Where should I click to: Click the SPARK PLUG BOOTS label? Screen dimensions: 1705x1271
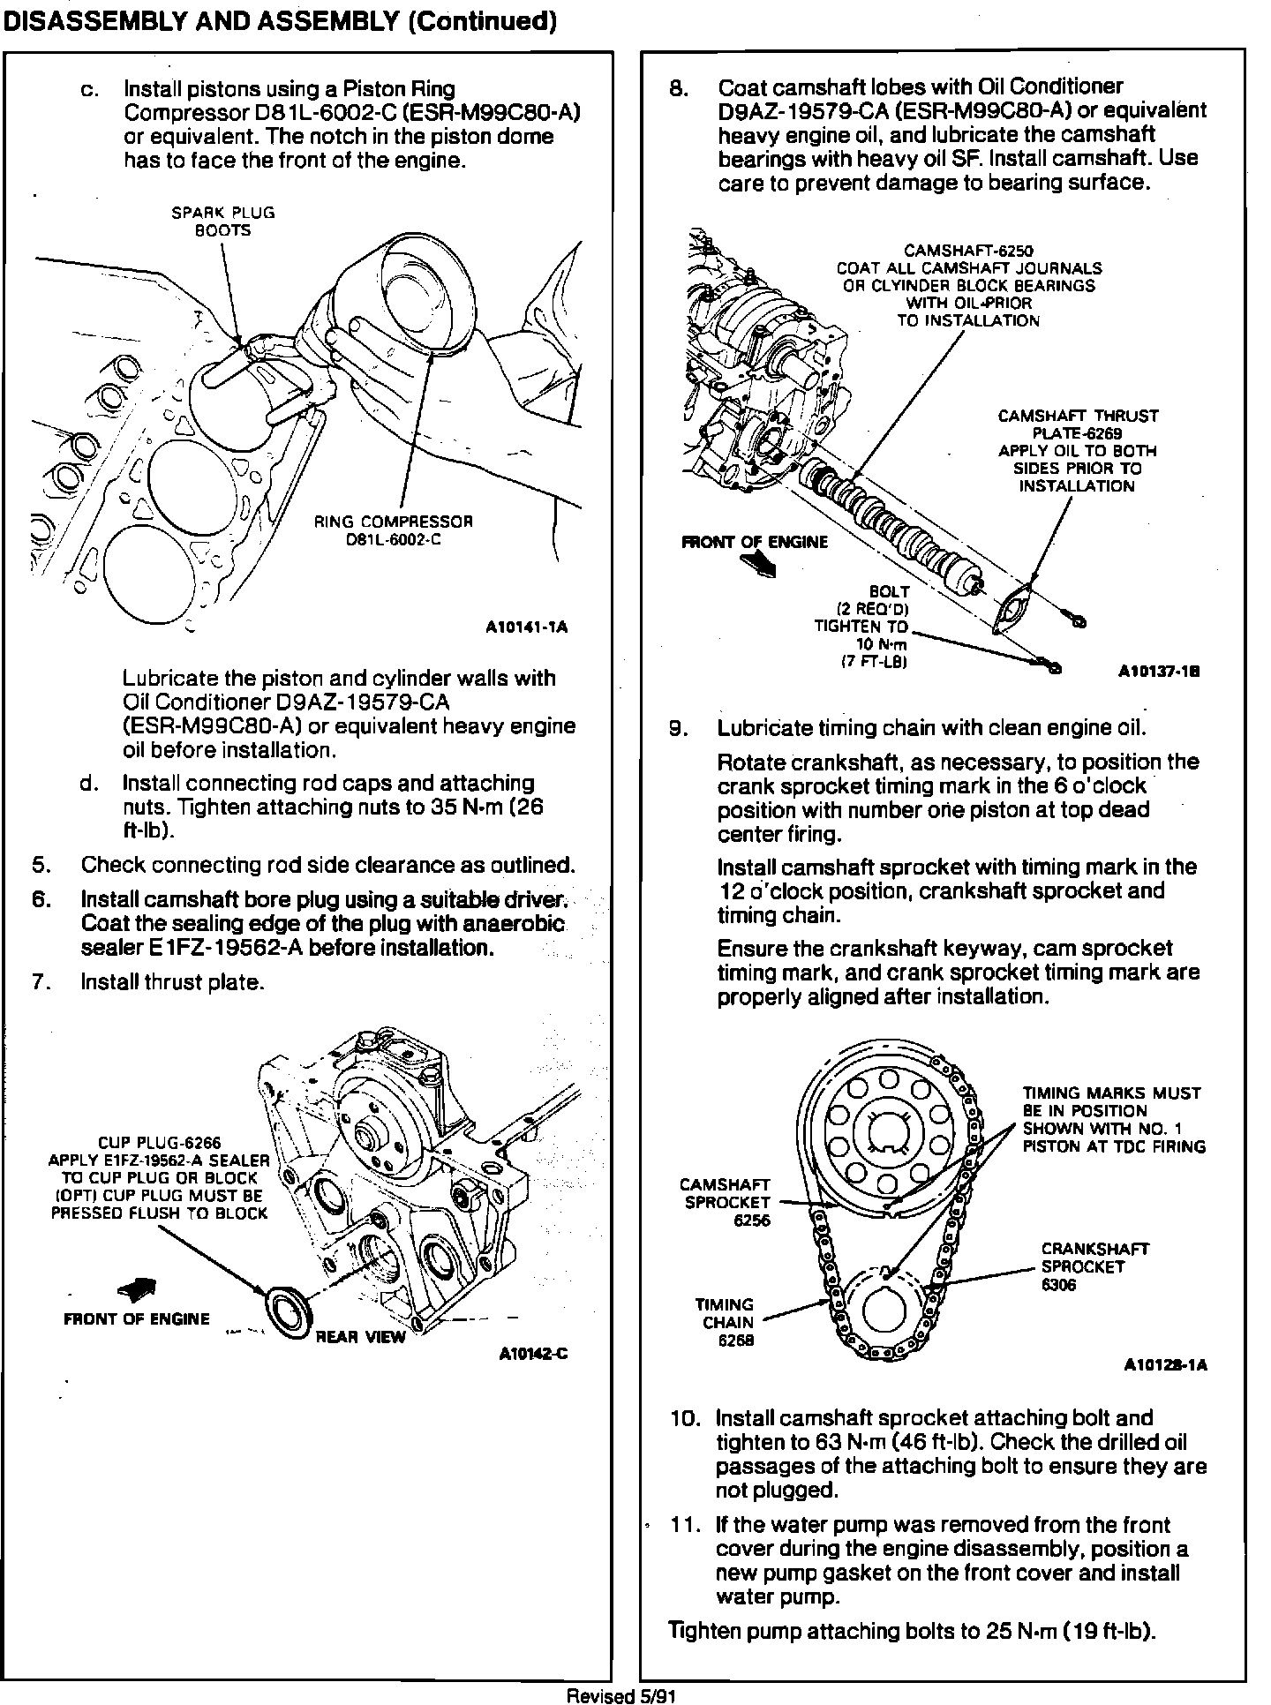222,222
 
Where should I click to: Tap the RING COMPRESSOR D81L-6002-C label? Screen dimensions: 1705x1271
393,530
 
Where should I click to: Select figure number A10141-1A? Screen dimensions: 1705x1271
526,627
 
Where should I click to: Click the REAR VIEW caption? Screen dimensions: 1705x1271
360,1337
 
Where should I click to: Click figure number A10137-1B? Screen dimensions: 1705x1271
1158,672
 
